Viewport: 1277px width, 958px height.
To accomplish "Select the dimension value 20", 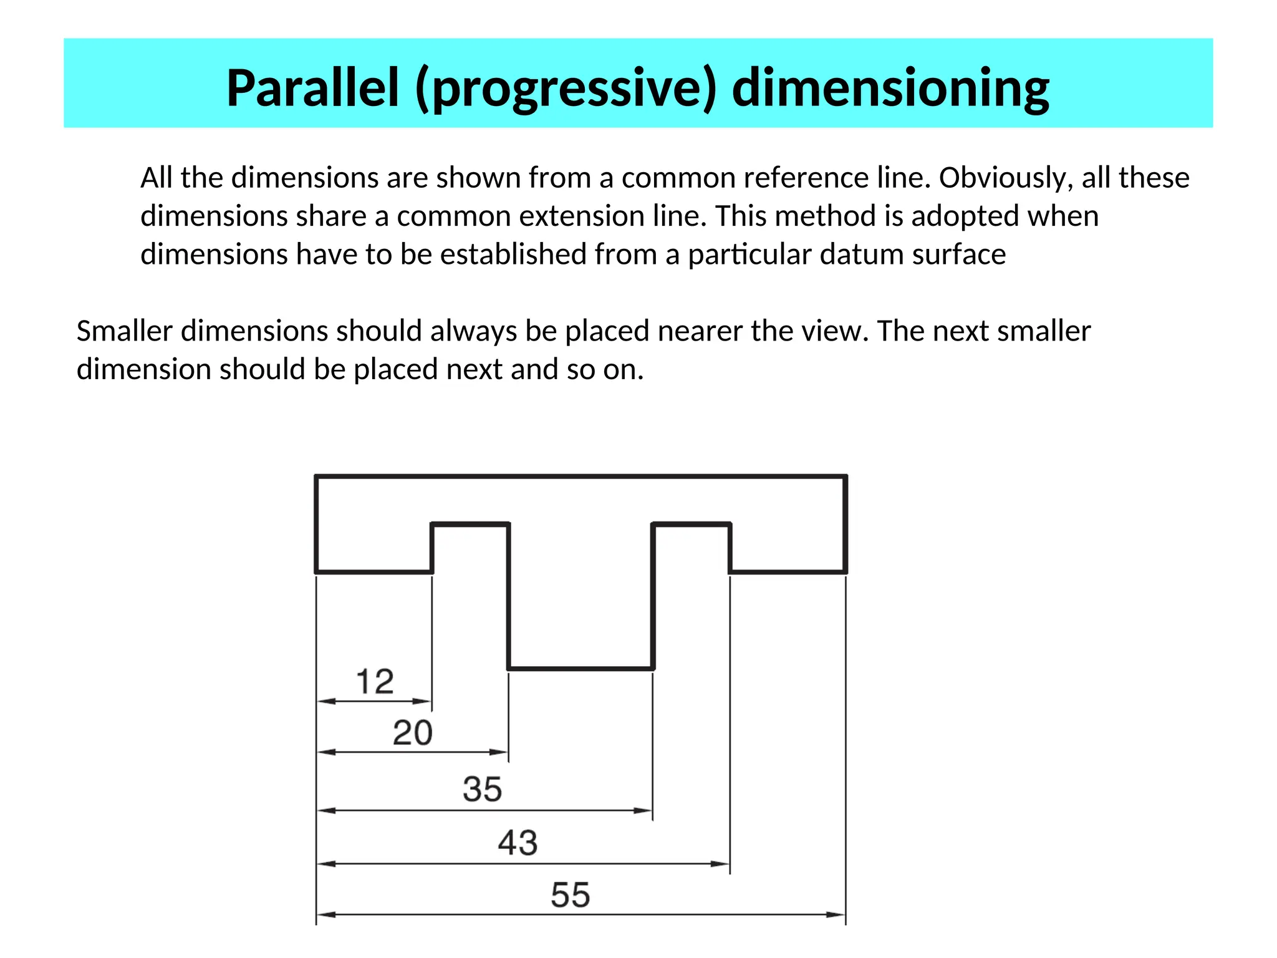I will [x=412, y=732].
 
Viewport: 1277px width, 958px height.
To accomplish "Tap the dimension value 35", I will [x=482, y=789].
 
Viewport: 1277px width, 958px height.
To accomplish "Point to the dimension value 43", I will [x=518, y=843].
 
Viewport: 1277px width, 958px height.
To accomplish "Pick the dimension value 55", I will [x=570, y=895].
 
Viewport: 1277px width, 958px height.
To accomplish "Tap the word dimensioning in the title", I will [x=890, y=89].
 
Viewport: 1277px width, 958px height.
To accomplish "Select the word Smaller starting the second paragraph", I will [x=124, y=331].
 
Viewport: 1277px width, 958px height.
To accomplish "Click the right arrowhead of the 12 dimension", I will [x=424, y=702].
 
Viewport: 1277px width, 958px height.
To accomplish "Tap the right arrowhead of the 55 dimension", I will [x=837, y=914].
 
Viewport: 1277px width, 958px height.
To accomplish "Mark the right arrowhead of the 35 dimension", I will [x=644, y=811].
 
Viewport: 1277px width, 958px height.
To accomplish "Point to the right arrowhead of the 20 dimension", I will [x=500, y=752].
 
